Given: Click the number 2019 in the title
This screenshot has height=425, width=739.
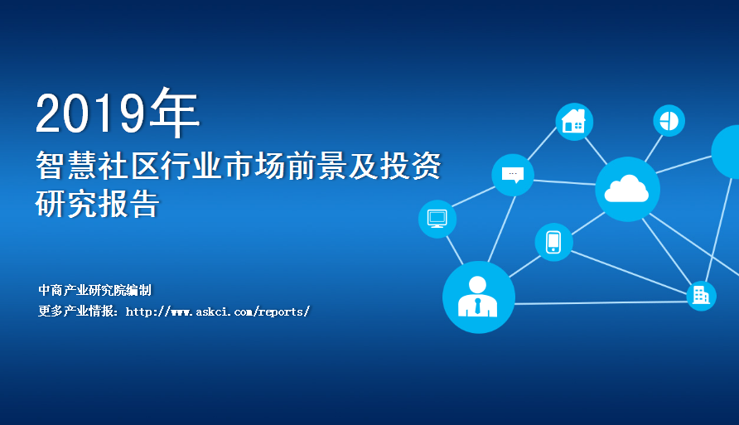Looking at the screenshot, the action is [x=90, y=113].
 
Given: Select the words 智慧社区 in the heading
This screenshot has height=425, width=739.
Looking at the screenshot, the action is [x=98, y=166].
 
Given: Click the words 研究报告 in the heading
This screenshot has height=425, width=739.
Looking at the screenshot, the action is [x=98, y=204].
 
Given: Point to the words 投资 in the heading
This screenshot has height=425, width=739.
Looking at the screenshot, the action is [x=410, y=166].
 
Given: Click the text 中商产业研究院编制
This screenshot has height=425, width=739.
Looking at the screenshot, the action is [x=94, y=290].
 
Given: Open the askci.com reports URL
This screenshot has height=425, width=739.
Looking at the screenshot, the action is [x=217, y=312].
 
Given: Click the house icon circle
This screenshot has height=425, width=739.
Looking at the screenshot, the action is [x=574, y=122].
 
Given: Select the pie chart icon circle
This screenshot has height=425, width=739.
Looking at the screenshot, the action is [x=669, y=121].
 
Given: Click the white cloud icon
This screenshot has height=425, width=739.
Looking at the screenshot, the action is [x=626, y=188].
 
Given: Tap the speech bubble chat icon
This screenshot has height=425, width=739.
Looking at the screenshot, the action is [x=513, y=175].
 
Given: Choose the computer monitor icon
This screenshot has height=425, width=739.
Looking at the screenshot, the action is [x=437, y=219].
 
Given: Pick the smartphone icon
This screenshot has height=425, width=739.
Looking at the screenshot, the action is [x=553, y=242].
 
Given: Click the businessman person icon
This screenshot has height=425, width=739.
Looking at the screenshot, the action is [x=477, y=296].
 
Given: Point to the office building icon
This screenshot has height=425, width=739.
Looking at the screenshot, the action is [x=701, y=296].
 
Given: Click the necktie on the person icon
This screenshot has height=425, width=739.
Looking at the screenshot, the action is [x=477, y=307].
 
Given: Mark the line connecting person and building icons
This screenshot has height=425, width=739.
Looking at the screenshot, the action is [x=601, y=302].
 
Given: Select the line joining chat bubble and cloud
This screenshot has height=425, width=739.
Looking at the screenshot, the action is [x=565, y=182].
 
